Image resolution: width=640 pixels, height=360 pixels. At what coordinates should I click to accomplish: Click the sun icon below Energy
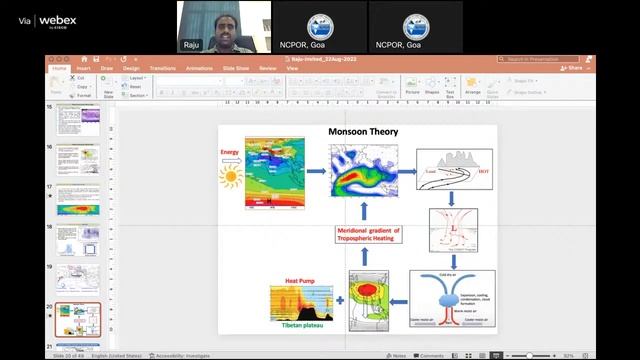pyautogui.click(x=231, y=178)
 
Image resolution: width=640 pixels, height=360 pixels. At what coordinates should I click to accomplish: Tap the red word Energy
pyautogui.click(x=230, y=154)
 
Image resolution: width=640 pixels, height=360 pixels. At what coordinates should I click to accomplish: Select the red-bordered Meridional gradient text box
pyautogui.click(x=364, y=234)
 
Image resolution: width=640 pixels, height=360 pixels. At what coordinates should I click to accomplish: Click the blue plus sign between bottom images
pyautogui.click(x=338, y=300)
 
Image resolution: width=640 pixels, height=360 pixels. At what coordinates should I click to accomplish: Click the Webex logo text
pyautogui.click(x=58, y=19)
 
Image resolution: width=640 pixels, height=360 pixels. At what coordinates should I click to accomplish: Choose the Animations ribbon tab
pyautogui.click(x=199, y=68)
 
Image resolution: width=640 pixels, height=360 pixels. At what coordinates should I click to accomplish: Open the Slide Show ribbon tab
pyautogui.click(x=236, y=68)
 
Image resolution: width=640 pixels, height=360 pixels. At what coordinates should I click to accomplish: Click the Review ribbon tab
pyautogui.click(x=267, y=68)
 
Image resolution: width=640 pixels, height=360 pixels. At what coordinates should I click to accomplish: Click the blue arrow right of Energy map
pyautogui.click(x=316, y=171)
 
